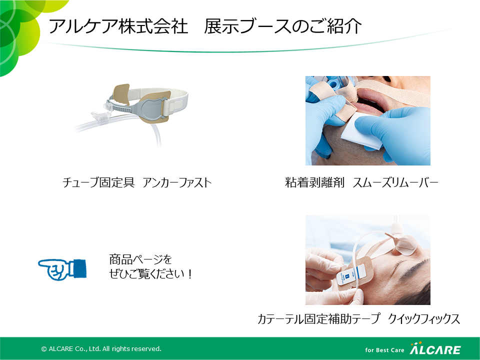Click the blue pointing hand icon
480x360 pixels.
tap(62, 269)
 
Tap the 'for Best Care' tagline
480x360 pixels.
tap(384, 350)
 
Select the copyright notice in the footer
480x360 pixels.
tap(101, 348)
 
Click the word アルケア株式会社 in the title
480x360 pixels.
tap(118, 26)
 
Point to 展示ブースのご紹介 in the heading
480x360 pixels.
tap(283, 26)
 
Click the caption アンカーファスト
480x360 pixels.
tap(177, 182)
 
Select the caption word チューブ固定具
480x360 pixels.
tap(98, 182)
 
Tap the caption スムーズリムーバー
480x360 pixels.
tap(395, 182)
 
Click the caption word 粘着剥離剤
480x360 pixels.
tap(314, 182)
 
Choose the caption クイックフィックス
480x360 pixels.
tap(424, 318)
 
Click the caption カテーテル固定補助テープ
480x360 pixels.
tap(318, 318)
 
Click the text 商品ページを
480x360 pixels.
tap(140, 259)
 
